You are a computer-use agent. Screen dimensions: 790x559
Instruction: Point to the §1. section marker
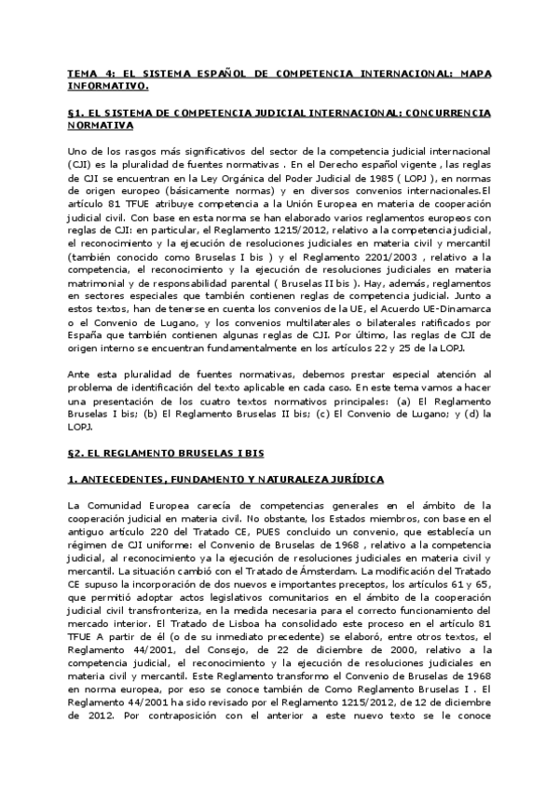pyautogui.click(x=76, y=111)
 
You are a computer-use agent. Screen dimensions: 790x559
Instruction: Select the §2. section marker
pyautogui.click(x=76, y=453)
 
